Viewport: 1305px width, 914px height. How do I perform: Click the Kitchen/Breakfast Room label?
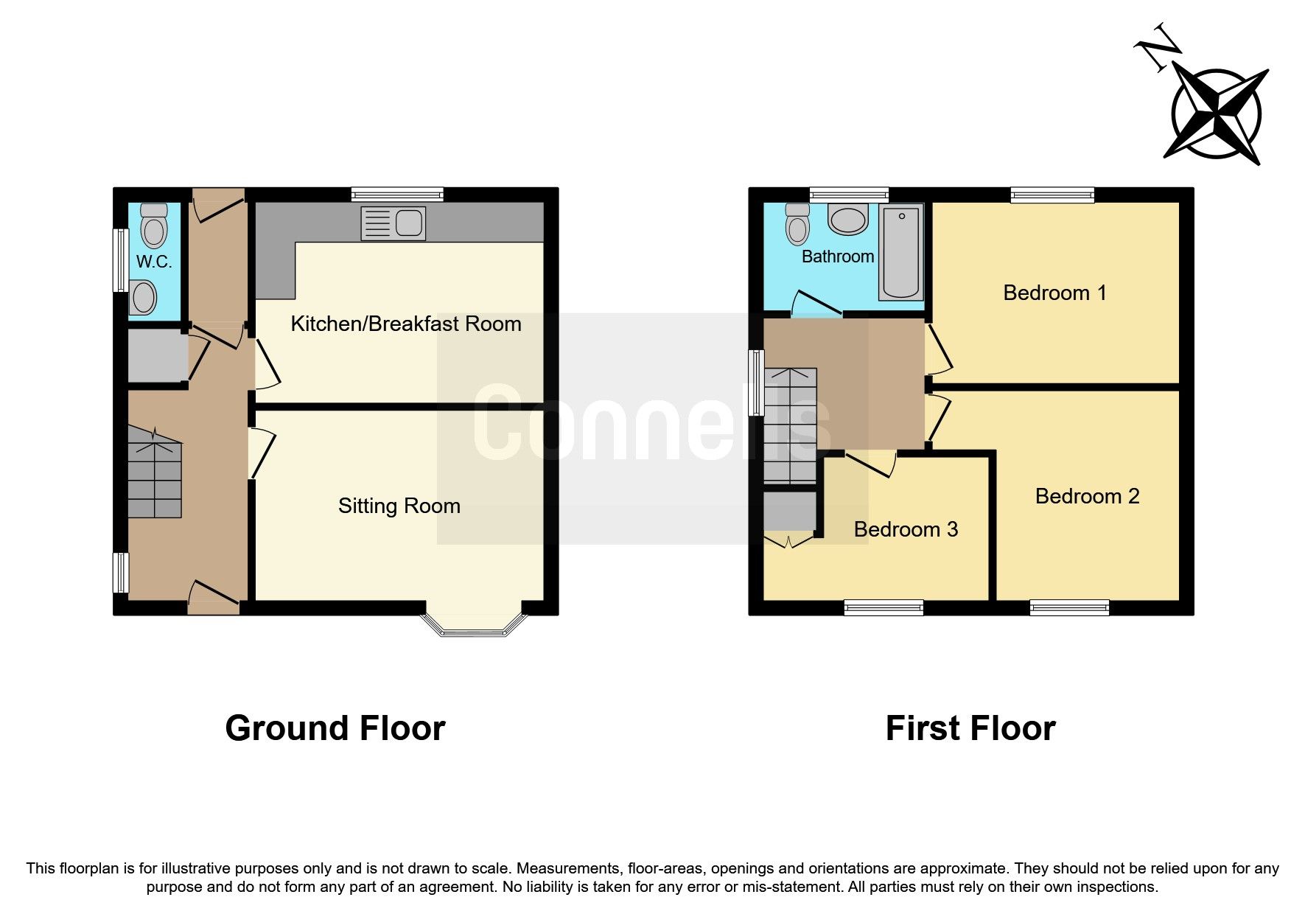pyautogui.click(x=405, y=324)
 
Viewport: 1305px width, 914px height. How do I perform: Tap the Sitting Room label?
pyautogui.click(x=399, y=506)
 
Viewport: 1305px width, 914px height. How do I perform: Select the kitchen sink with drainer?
pyautogui.click(x=393, y=223)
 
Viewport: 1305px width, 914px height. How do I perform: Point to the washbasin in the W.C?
pyautogui.click(x=143, y=299)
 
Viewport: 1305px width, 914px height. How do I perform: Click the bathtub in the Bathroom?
pyautogui.click(x=900, y=253)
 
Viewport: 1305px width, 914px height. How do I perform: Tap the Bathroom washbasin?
pyautogui.click(x=847, y=219)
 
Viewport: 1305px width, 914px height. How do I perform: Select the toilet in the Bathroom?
pyautogui.click(x=797, y=224)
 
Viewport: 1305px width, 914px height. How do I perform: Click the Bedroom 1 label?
pyautogui.click(x=1054, y=293)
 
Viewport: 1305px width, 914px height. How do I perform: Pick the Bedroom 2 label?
pyautogui.click(x=1087, y=496)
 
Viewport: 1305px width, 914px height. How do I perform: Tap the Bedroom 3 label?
pyautogui.click(x=906, y=529)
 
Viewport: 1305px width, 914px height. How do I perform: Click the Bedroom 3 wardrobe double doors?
pyautogui.click(x=789, y=542)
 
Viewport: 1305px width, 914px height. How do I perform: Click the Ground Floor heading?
pyautogui.click(x=335, y=728)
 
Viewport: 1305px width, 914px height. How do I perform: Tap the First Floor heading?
pyautogui.click(x=970, y=728)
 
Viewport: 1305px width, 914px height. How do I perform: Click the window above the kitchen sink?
pyautogui.click(x=397, y=195)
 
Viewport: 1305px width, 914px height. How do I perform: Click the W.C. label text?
pyautogui.click(x=154, y=262)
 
